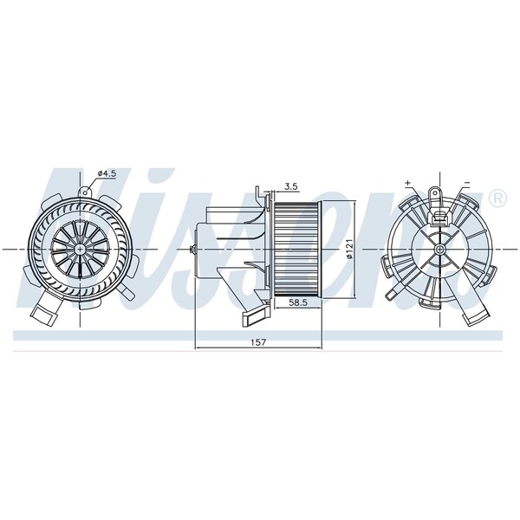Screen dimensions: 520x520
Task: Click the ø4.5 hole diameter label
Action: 107,173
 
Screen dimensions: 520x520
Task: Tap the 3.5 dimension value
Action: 291,186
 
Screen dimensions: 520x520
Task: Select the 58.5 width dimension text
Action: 296,302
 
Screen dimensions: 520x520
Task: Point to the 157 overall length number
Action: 258,342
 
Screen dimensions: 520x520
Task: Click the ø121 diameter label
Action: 349,249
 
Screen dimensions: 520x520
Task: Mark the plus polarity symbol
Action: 407,182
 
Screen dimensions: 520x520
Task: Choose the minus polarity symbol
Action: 467,183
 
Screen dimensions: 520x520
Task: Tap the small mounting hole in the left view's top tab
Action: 85,192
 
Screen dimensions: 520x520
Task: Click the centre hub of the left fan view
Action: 80,249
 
